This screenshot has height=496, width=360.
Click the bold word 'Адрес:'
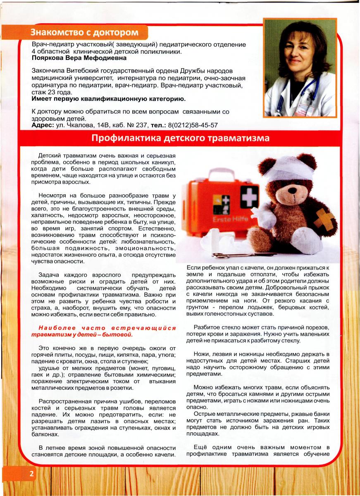coord(43,125)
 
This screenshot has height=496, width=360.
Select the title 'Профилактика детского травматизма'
coord(180,138)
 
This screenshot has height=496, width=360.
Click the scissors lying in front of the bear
coord(244,255)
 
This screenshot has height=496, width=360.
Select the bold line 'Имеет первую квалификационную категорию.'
coord(109,99)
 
